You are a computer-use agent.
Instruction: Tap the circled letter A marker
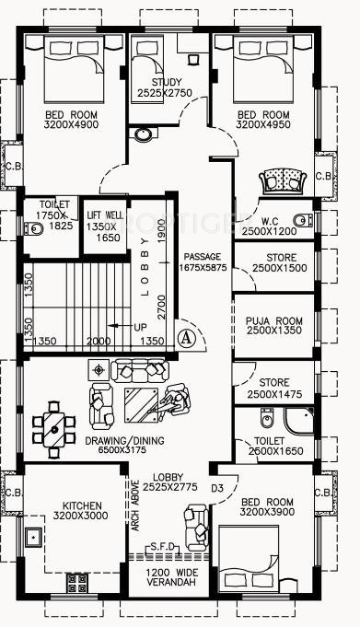click(x=185, y=337)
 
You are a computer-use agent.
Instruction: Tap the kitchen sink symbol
click(x=34, y=536)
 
